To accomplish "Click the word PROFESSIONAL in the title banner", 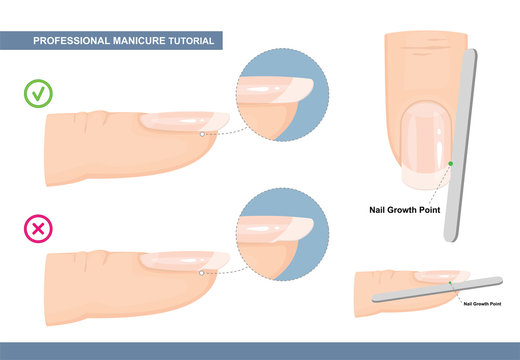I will pos(69,40).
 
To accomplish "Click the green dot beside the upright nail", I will pos(452,163).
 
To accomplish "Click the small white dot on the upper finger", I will pos(201,133).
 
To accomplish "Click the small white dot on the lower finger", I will pos(201,271).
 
